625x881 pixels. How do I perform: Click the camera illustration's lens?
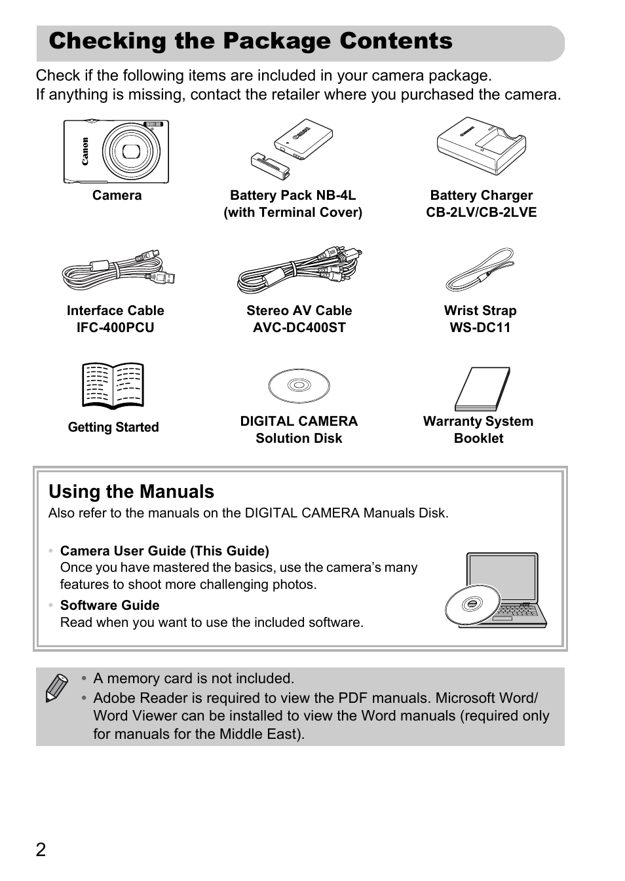132,151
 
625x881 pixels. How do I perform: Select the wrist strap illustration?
480,270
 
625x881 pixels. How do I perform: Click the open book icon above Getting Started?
113,384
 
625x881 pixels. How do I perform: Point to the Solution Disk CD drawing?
299,386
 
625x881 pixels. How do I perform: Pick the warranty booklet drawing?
482,388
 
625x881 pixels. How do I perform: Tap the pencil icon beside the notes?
57,687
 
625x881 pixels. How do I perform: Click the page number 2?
41,850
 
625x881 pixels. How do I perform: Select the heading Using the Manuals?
131,492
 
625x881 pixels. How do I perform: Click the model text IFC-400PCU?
115,328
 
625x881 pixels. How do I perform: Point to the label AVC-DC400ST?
299,328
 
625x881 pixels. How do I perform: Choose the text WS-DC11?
480,328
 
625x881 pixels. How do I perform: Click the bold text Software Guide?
109,605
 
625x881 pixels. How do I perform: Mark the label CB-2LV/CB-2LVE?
481,212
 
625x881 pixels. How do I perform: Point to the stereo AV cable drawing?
299,270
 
